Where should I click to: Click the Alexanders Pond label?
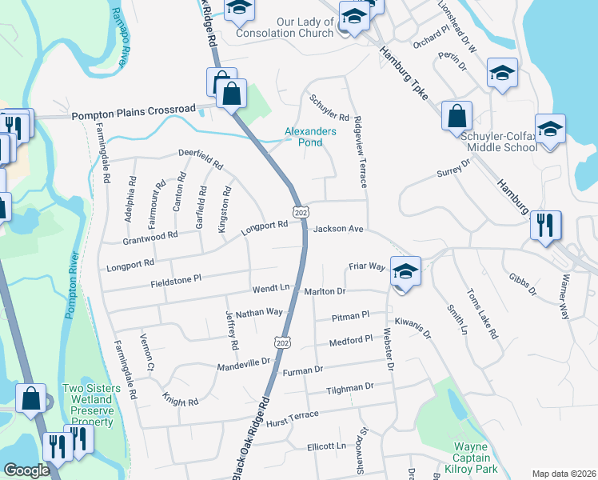coord(310,137)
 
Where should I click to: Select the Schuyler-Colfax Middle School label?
coord(499,142)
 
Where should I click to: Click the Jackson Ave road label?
coord(339,230)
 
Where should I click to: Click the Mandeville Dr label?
coord(244,365)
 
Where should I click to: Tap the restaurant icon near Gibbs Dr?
coord(545,225)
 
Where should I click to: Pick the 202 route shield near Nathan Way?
coord(281,342)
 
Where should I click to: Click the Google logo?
coord(26,470)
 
